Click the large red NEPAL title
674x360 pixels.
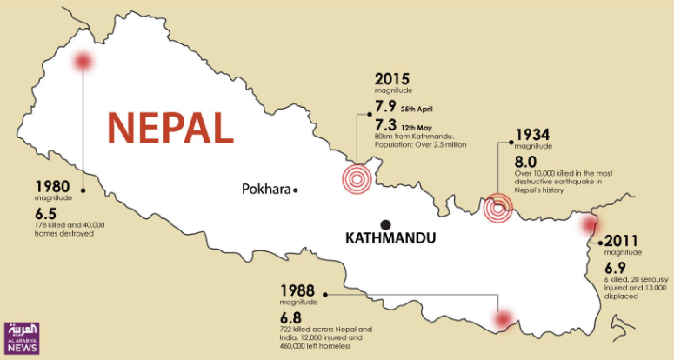click(170, 127)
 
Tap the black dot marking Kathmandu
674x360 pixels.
click(384, 223)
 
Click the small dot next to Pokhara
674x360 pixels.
click(296, 190)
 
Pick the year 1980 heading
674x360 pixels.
click(52, 186)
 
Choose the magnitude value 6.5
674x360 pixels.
click(47, 212)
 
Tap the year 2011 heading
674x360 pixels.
click(622, 242)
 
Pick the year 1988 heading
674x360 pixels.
click(297, 290)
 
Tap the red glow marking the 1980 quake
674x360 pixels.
click(83, 61)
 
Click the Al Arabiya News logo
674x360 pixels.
click(23, 337)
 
